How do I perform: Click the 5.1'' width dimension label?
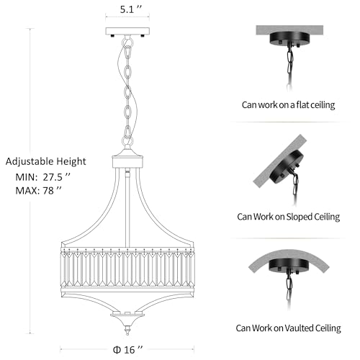click(131, 9)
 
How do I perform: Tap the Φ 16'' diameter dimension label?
click(127, 350)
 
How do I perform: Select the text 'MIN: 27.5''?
click(43, 177)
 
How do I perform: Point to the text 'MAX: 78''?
click(38, 191)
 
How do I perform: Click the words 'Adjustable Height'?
click(45, 161)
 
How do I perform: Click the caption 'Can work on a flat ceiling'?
click(288, 105)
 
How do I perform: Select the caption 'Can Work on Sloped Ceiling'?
click(289, 217)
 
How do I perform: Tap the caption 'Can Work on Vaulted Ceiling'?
click(288, 328)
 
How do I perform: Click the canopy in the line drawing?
click(127, 32)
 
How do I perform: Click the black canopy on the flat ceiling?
click(289, 38)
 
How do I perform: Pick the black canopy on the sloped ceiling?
click(287, 167)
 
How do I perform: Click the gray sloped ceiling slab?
click(280, 161)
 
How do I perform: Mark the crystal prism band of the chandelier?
click(127, 267)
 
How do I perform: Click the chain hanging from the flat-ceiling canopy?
click(290, 67)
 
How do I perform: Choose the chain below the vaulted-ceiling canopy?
click(289, 290)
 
